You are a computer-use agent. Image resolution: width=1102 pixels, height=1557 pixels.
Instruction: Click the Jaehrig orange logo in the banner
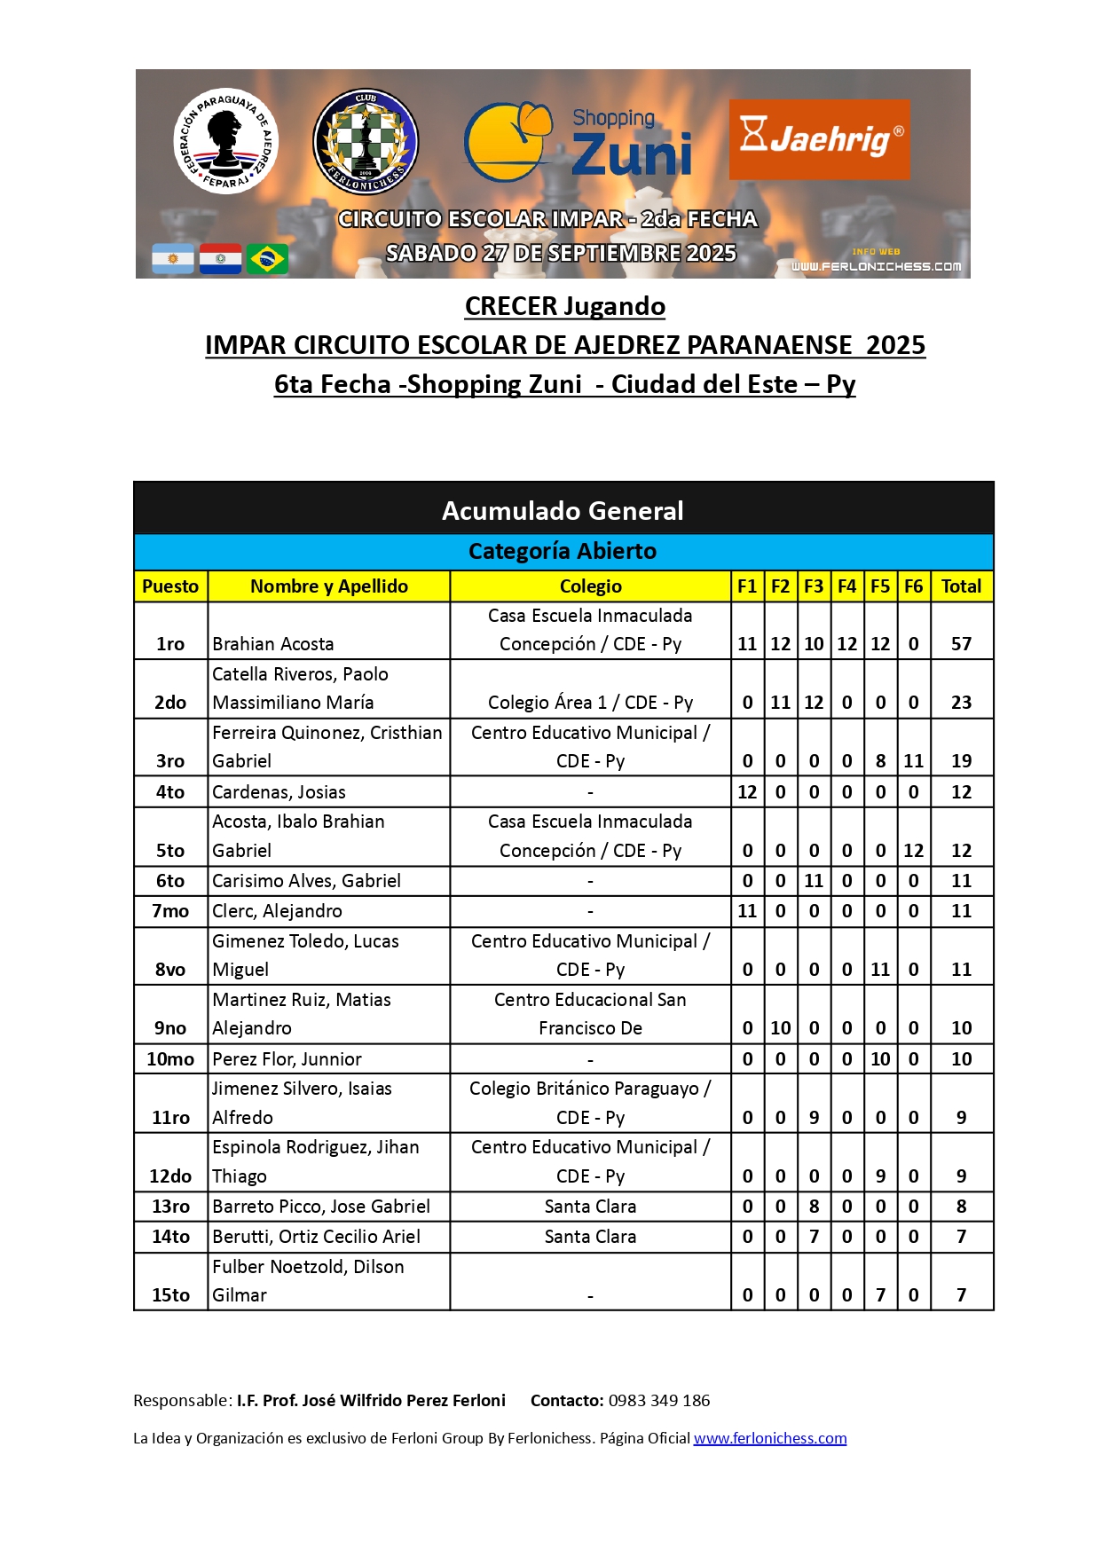point(819,139)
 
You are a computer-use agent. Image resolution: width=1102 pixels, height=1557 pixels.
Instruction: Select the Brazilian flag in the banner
point(267,259)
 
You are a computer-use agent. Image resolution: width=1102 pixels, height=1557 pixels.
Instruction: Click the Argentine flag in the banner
point(173,259)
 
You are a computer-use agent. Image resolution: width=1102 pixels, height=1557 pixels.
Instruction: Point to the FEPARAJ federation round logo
point(225,141)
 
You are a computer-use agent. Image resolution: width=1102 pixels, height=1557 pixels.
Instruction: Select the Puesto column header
point(170,586)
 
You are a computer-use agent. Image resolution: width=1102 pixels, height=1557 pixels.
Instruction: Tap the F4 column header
point(846,586)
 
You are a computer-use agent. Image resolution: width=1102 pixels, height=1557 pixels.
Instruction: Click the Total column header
point(961,586)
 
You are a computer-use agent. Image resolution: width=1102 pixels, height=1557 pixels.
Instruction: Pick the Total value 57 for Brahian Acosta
point(961,644)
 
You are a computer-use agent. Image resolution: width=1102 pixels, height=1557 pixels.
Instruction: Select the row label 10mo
point(170,1059)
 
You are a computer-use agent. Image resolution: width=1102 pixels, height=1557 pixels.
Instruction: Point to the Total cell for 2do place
point(961,703)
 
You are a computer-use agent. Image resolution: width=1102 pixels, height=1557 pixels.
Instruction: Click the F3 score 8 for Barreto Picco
point(814,1207)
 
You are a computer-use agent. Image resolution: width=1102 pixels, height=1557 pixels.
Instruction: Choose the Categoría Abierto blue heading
point(563,552)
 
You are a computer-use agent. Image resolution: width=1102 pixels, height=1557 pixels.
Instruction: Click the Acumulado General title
point(563,511)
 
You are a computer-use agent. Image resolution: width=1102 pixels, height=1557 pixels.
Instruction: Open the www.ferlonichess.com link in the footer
point(769,1438)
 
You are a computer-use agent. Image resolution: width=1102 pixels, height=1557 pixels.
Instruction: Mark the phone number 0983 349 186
point(659,1401)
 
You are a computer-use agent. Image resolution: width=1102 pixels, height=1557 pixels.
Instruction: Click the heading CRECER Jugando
point(565,306)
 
